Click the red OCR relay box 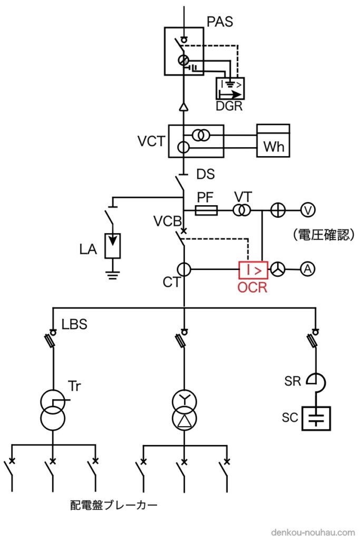[254, 270]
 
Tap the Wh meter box [273, 140]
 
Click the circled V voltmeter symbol [308, 210]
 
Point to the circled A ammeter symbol [308, 269]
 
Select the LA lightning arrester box [112, 245]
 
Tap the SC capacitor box [316, 419]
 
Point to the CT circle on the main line [183, 270]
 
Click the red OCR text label [254, 288]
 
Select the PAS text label [220, 23]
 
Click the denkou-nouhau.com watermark [313, 531]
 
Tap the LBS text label [75, 324]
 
